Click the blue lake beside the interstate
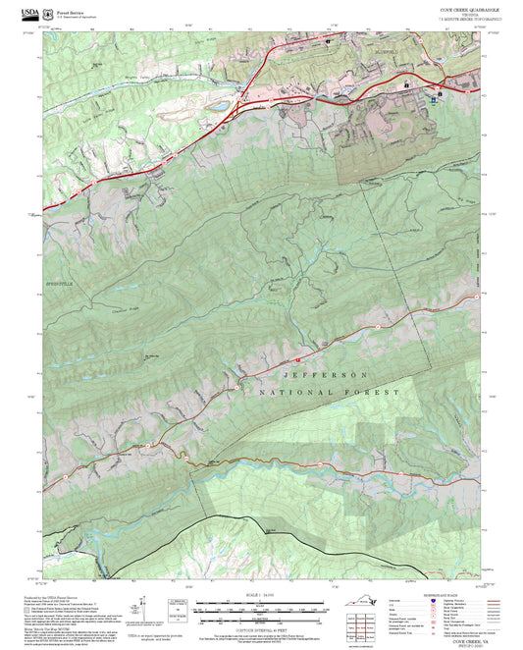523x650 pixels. point(221,101)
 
